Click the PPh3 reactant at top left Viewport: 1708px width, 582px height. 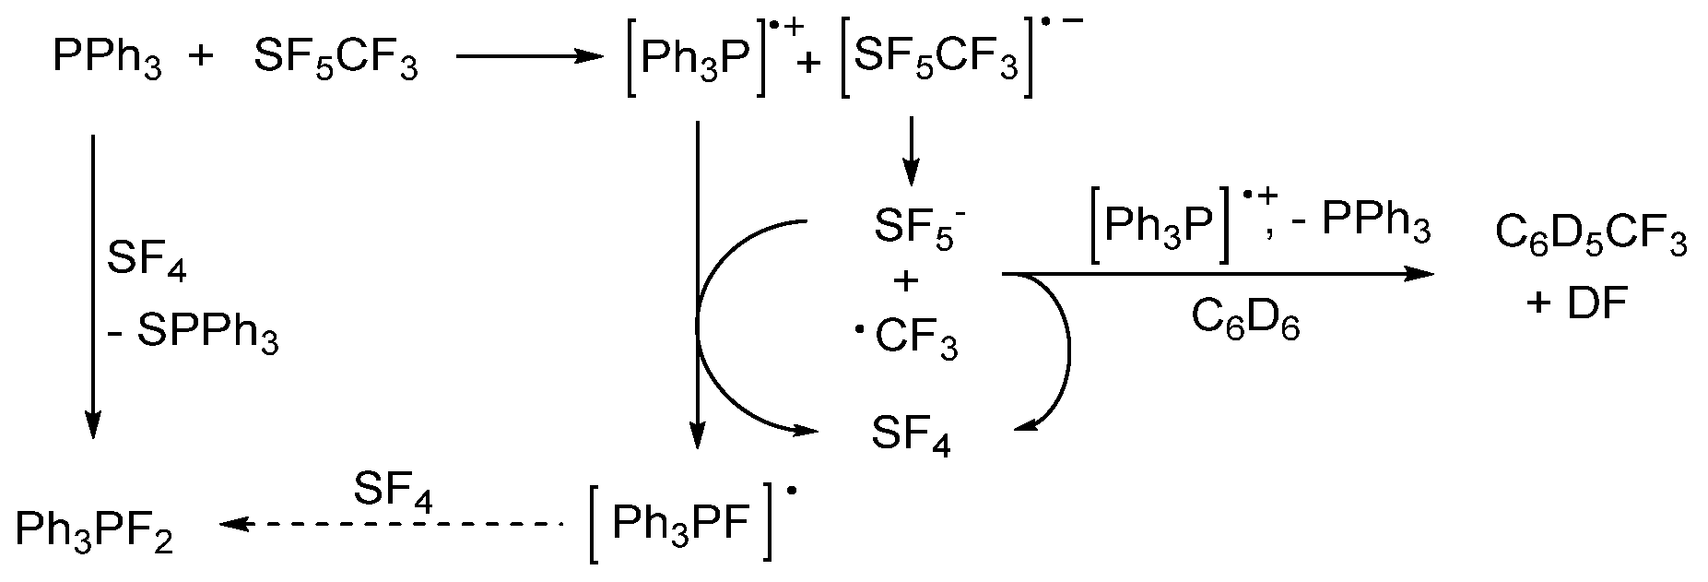pyautogui.click(x=107, y=61)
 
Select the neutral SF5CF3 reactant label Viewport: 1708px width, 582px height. pyautogui.click(x=336, y=61)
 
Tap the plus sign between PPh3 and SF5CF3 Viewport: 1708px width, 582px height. pyautogui.click(x=200, y=57)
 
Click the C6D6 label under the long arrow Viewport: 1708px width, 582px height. pyautogui.click(x=1245, y=322)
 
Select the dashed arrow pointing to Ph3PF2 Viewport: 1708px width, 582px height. pyautogui.click(x=391, y=524)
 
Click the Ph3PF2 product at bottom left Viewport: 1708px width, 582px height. pyautogui.click(x=94, y=531)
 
